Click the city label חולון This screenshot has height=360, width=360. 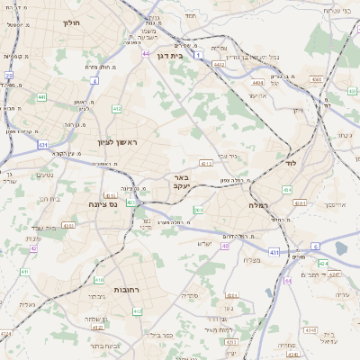click(71, 22)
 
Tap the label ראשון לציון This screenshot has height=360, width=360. click(118, 142)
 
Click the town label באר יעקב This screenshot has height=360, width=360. click(181, 182)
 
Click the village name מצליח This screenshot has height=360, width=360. click(251, 260)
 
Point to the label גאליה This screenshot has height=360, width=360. click(28, 304)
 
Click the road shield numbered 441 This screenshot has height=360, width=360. click(41, 96)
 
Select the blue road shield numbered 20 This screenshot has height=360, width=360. click(9, 76)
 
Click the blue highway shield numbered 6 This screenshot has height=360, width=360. click(315, 245)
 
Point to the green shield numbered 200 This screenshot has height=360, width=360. click(197, 211)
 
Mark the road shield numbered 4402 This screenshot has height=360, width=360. click(219, 64)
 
